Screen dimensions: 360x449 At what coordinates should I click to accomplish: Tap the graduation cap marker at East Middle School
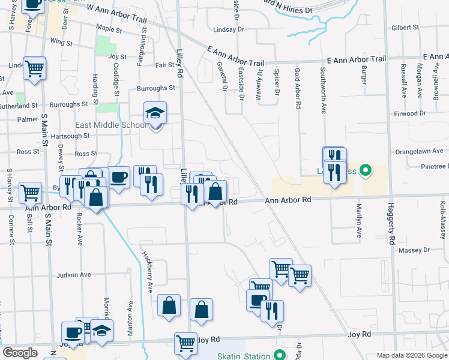[x=155, y=113]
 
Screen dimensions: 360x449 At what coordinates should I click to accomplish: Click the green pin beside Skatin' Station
[x=280, y=355]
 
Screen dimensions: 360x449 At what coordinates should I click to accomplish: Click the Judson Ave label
[x=73, y=275]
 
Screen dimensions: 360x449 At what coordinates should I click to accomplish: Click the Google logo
[x=20, y=353]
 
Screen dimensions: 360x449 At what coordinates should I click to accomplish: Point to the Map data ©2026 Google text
[x=411, y=355]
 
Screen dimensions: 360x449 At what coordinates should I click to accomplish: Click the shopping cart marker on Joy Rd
[x=186, y=344]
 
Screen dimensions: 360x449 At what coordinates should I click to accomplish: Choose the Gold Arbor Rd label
[x=298, y=88]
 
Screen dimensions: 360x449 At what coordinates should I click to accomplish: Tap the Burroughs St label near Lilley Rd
[x=156, y=88]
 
